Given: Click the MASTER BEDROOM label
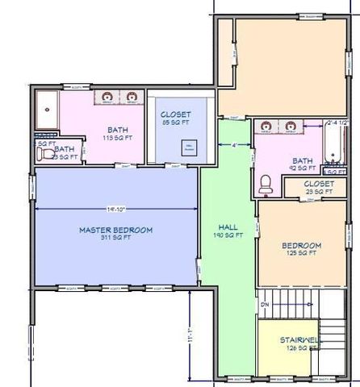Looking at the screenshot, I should tap(115, 231).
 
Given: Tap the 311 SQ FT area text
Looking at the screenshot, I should tap(115, 239).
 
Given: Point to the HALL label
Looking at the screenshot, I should tap(229, 227).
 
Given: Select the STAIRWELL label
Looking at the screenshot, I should tap(289, 340).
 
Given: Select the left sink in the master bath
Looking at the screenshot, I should tap(107, 98).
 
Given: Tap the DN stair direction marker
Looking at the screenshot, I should tap(264, 304).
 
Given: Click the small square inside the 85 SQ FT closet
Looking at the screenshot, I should tap(189, 148).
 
